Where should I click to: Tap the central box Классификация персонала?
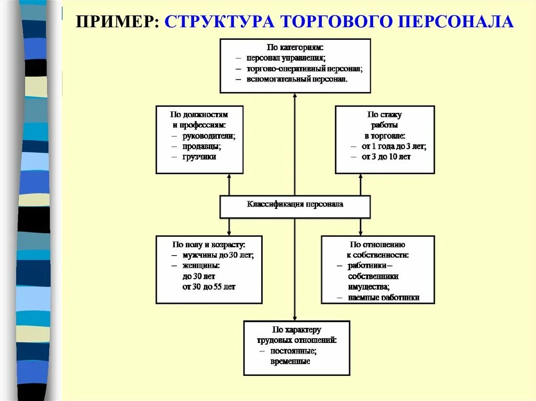(x=295, y=204)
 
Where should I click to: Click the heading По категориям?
(x=295, y=47)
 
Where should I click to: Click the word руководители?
(x=209, y=136)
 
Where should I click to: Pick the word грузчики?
(x=199, y=156)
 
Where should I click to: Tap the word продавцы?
(x=202, y=146)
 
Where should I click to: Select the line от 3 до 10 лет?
(x=386, y=157)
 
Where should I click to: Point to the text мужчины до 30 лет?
(x=218, y=255)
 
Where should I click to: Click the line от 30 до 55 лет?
(x=209, y=287)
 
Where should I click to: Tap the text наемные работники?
(x=384, y=297)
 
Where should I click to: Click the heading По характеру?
(x=296, y=330)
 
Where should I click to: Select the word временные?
(x=291, y=361)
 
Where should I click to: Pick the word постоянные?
(x=293, y=351)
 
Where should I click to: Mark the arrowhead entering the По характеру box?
(x=295, y=318)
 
